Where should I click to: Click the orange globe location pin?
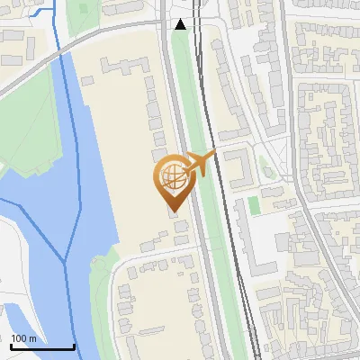coord(173,177)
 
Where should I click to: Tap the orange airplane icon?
coord(200,164)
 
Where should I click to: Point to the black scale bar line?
coord(42,346)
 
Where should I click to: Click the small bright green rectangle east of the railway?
coord(254,205)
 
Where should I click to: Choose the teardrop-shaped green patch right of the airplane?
coord(265,166)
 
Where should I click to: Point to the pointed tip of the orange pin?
coord(173,211)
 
